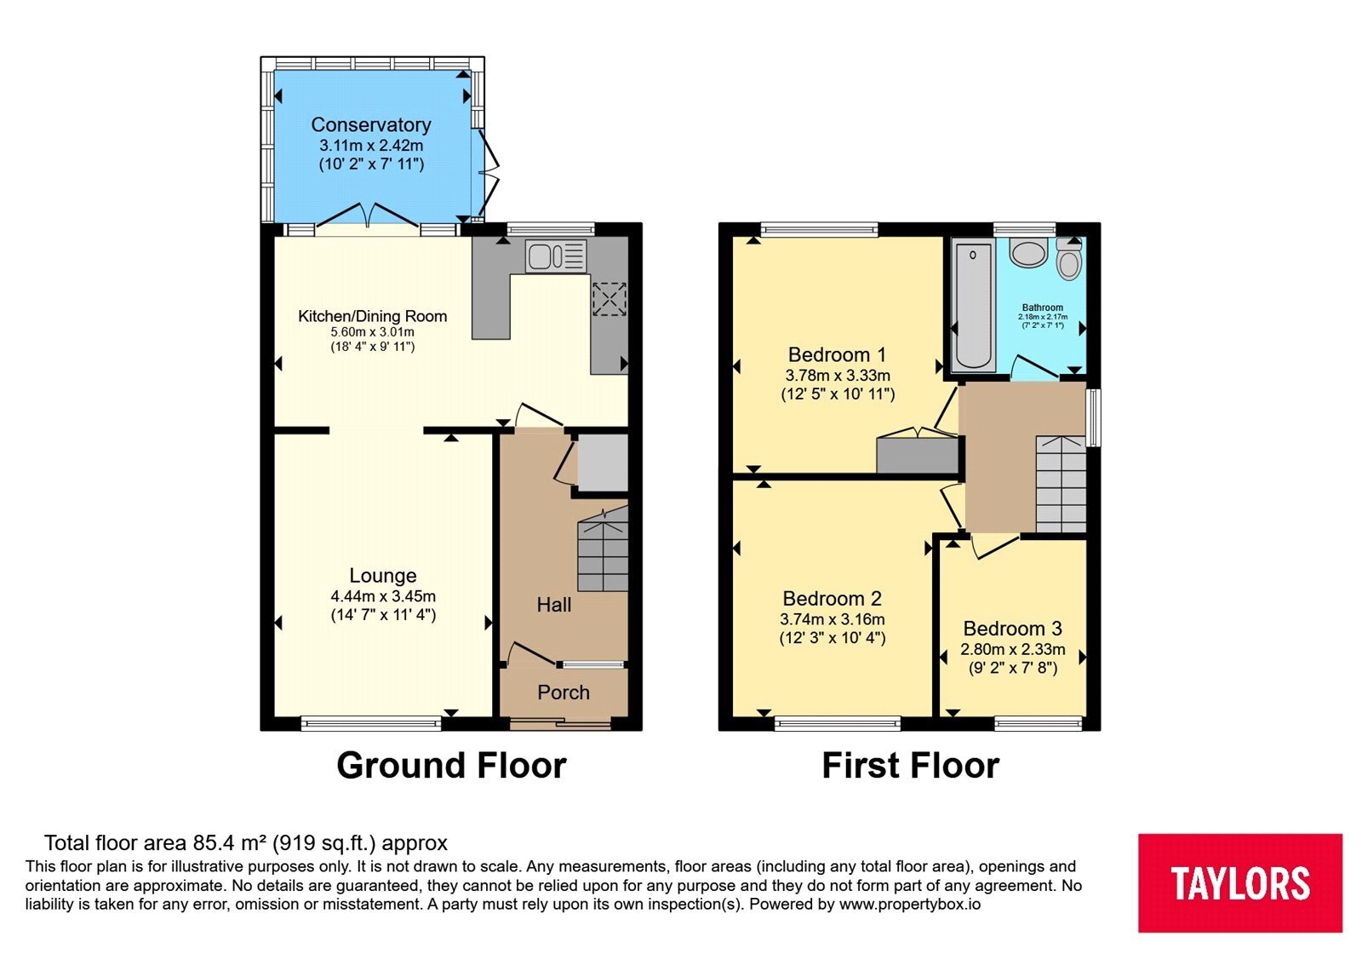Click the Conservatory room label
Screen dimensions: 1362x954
[371, 124]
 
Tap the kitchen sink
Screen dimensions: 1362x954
[556, 255]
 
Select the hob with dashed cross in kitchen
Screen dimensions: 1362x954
[609, 299]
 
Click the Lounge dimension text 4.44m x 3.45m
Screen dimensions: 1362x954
[383, 596]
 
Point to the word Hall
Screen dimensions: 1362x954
[554, 605]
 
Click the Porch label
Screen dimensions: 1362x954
[564, 693]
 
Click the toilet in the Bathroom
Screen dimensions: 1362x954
[1068, 259]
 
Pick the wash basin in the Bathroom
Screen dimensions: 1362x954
[1028, 252]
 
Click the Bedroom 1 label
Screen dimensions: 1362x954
[838, 354]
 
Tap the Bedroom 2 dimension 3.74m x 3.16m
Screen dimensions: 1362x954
[833, 619]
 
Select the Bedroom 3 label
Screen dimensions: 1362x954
[1012, 628]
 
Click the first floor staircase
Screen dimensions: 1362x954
[1061, 485]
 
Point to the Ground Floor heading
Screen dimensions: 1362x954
[452, 766]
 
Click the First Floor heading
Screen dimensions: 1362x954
[911, 766]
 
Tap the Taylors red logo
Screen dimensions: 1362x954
[1240, 882]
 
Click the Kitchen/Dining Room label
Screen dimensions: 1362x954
[373, 316]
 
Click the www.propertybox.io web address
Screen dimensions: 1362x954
[910, 904]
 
